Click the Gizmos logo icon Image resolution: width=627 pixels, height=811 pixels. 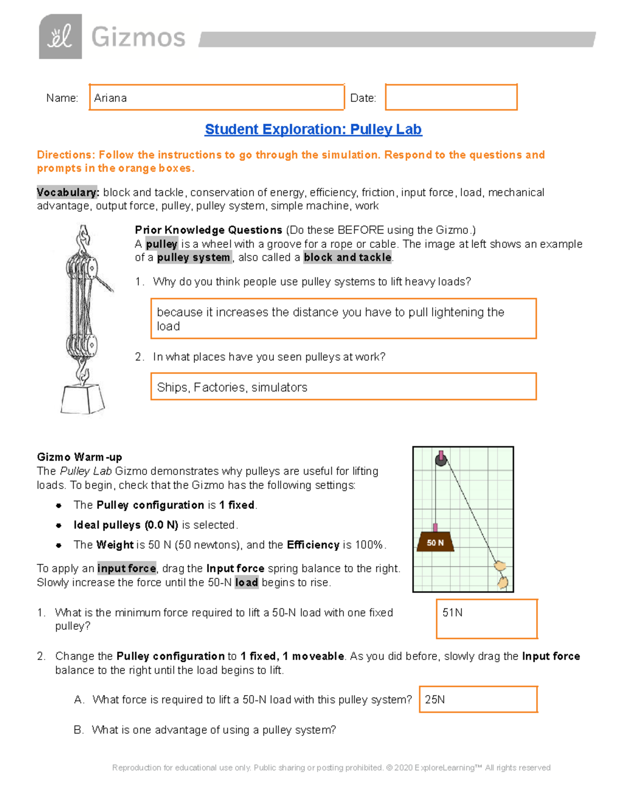click(60, 37)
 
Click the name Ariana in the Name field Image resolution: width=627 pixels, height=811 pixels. click(110, 98)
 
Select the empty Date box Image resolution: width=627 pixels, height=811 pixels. click(451, 97)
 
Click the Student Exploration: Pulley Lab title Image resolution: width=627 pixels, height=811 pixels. click(313, 129)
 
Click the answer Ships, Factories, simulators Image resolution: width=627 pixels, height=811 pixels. click(232, 387)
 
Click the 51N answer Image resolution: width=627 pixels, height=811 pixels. click(452, 613)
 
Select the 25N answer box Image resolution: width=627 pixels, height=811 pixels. click(478, 699)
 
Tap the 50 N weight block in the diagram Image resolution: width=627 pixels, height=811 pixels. click(435, 543)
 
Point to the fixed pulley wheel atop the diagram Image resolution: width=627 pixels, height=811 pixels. click(441, 460)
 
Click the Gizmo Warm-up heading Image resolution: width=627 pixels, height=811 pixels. click(79, 457)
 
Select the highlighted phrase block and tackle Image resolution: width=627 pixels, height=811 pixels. click(347, 257)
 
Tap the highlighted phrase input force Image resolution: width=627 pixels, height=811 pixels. click(126, 568)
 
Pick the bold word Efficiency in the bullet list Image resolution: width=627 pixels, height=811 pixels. click(313, 545)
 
